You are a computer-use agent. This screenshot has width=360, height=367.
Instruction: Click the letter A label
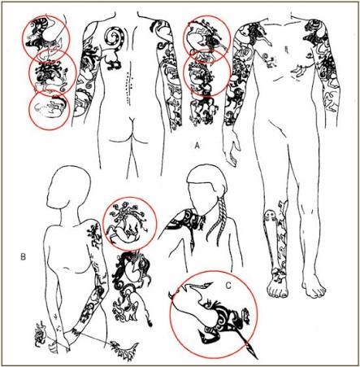click(x=197, y=146)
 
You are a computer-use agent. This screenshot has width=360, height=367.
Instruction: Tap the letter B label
click(x=24, y=256)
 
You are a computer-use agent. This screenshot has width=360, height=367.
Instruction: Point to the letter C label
click(x=228, y=286)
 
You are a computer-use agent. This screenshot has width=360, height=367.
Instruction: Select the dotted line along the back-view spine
click(x=128, y=84)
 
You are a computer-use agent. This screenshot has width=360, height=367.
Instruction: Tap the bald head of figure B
click(x=68, y=187)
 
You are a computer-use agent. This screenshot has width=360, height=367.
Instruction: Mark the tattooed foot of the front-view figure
click(x=277, y=287)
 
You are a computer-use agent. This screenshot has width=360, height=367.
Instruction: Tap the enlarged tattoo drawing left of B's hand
click(x=40, y=334)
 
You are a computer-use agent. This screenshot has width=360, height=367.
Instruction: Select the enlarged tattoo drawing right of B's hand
click(x=124, y=348)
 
